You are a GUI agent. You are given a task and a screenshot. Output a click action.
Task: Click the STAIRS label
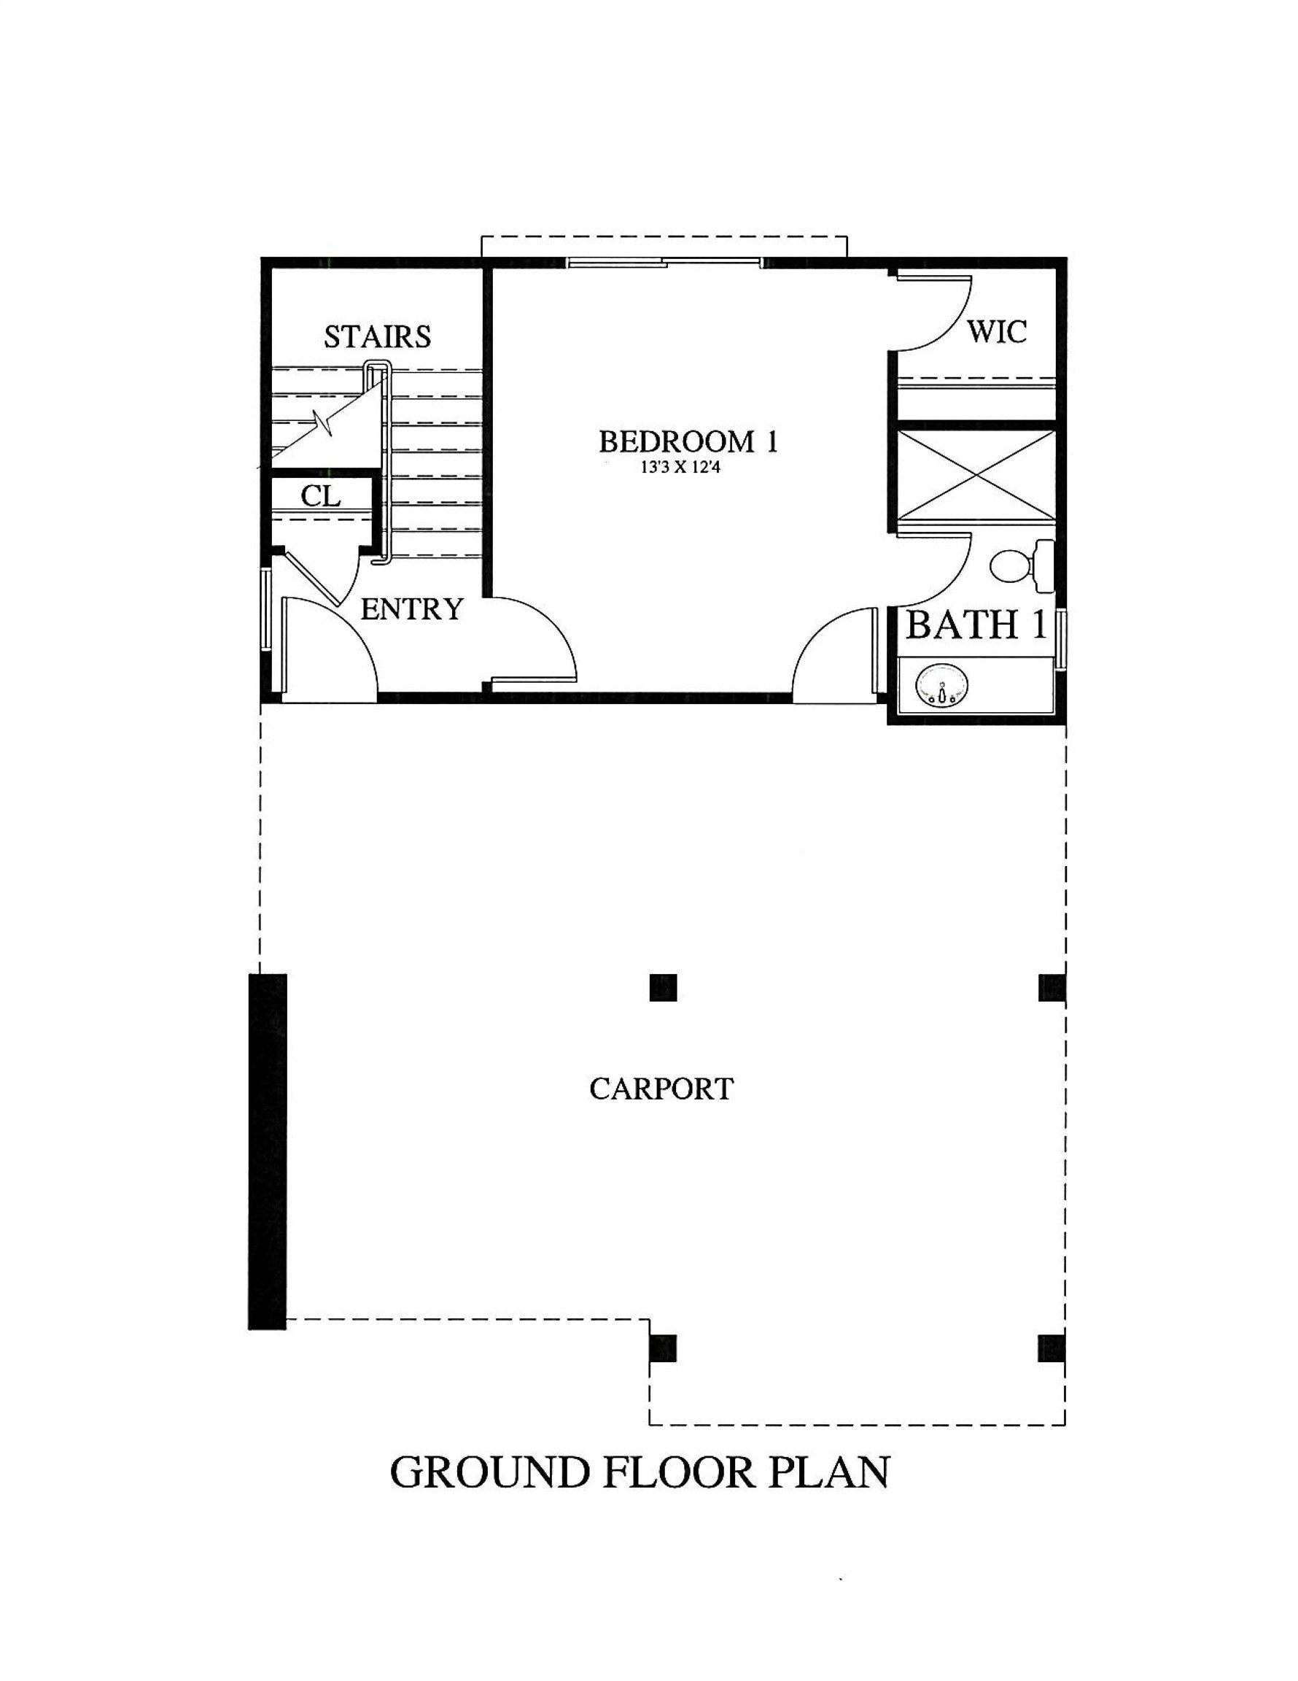click(x=377, y=336)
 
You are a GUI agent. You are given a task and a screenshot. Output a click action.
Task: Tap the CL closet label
click(x=320, y=496)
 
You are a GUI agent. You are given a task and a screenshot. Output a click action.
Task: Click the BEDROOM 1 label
click(x=688, y=442)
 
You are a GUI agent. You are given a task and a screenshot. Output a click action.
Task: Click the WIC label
click(x=996, y=332)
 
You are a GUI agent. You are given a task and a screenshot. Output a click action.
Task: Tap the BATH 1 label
click(x=976, y=625)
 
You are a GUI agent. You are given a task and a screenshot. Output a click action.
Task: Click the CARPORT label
click(x=661, y=1089)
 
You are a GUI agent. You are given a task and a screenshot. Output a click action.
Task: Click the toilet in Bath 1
click(x=1019, y=566)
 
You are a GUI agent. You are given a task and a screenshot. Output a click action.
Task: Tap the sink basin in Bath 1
click(x=941, y=684)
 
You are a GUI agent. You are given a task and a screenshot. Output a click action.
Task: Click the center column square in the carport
click(x=662, y=987)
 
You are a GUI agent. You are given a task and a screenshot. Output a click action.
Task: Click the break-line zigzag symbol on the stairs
click(x=324, y=422)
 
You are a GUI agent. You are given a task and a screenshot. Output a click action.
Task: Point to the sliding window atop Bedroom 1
click(x=664, y=263)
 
